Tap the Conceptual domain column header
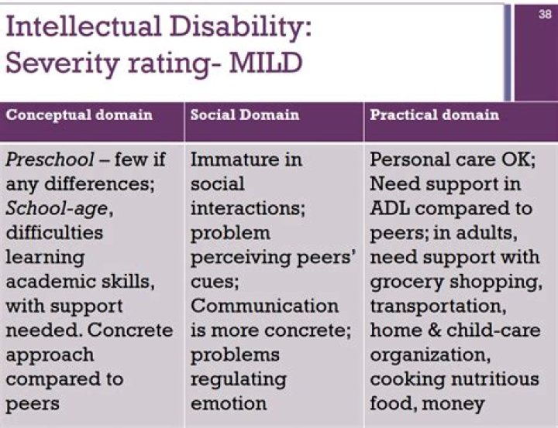(x=80, y=115)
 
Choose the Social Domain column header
(x=245, y=115)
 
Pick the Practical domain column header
(x=435, y=115)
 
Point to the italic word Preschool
(x=43, y=161)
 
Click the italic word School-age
(x=50, y=209)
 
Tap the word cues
(x=216, y=282)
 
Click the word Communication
(x=265, y=306)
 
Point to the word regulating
(x=239, y=379)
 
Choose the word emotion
(x=229, y=403)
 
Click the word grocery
(x=404, y=282)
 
